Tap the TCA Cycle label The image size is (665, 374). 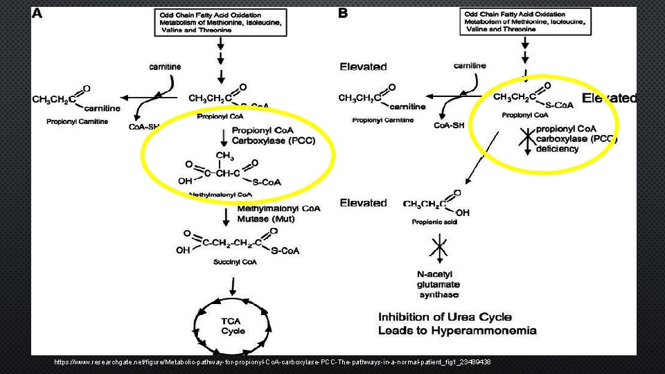tap(233, 326)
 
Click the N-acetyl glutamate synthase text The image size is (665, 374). tap(438, 285)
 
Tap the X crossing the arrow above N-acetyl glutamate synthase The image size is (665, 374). tap(438, 246)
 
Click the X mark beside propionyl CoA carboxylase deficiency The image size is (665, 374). tap(526, 139)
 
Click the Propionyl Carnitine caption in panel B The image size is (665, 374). tap(383, 120)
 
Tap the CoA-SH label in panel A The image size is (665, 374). tap(145, 127)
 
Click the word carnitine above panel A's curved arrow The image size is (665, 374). tap(165, 66)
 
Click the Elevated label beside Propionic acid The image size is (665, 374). tap(363, 203)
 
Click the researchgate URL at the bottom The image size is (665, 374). tap(272, 362)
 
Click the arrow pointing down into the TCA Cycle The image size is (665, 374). tap(233, 287)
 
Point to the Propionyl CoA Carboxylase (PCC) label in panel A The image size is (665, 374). tap(273, 135)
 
